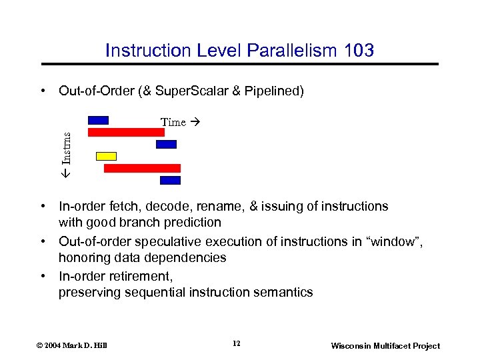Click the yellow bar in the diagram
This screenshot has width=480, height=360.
(106, 156)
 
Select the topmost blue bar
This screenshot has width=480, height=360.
(98, 120)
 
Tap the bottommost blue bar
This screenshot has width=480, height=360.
(171, 180)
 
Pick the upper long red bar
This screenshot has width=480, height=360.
(126, 132)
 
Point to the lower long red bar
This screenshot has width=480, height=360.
(142, 168)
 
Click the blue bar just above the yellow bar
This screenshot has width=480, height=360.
(166, 144)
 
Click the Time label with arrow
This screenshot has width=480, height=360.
(180, 122)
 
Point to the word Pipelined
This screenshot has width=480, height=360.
(273, 91)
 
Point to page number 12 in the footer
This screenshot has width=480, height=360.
(237, 344)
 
